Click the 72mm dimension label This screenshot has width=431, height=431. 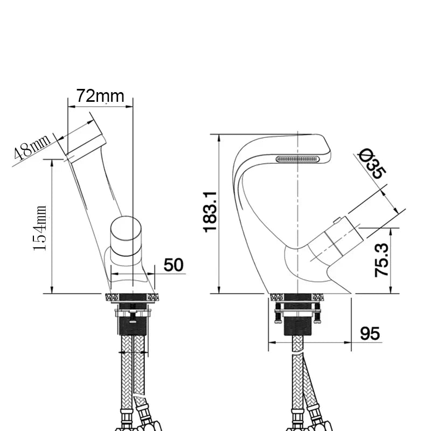pos(100,96)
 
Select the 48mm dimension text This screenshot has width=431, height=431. pos(32,148)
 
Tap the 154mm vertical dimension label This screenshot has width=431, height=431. pos(40,228)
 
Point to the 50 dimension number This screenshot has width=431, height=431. pos(173,265)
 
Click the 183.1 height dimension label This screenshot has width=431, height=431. pos(211,212)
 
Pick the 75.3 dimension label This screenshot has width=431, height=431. pos(382,260)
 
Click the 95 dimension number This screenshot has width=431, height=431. pos(370,333)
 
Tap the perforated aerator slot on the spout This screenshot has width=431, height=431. pos(297,158)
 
